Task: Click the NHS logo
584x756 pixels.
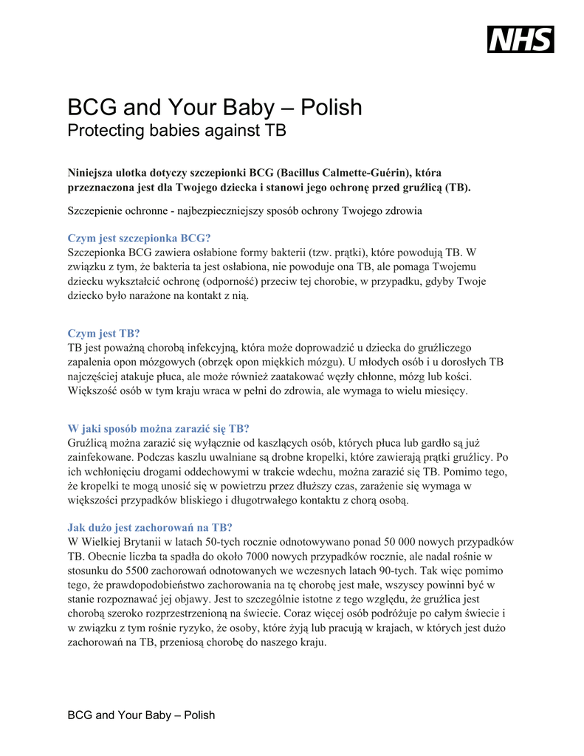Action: coord(520,39)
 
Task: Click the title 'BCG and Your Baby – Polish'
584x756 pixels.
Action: coord(215,108)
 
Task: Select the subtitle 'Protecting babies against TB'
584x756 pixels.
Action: coord(176,131)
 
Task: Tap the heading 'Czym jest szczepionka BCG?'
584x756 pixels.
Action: coord(139,238)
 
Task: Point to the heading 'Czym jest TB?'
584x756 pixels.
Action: coord(103,333)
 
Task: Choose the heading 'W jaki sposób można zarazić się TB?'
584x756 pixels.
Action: coord(158,428)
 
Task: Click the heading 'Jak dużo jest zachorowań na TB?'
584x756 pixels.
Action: coord(150,527)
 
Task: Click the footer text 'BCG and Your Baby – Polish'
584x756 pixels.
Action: coord(141,715)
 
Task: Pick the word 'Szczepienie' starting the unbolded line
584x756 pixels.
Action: coord(96,210)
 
